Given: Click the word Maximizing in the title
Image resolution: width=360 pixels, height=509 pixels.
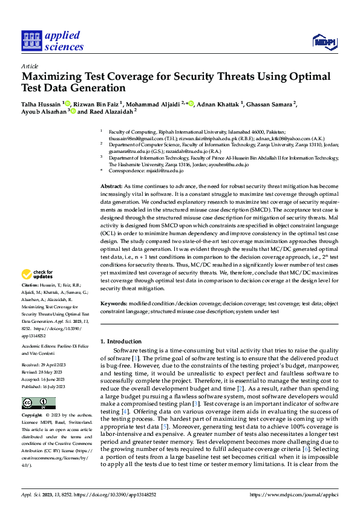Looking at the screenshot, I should (x=50, y=77).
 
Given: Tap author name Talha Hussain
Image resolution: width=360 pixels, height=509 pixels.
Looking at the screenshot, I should (x=40, y=103).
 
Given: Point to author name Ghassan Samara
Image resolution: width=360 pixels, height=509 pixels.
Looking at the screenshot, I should (x=271, y=103).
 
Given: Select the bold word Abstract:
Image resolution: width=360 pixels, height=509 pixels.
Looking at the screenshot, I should (x=111, y=187).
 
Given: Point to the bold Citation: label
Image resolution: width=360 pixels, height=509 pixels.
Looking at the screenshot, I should (x=30, y=285).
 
